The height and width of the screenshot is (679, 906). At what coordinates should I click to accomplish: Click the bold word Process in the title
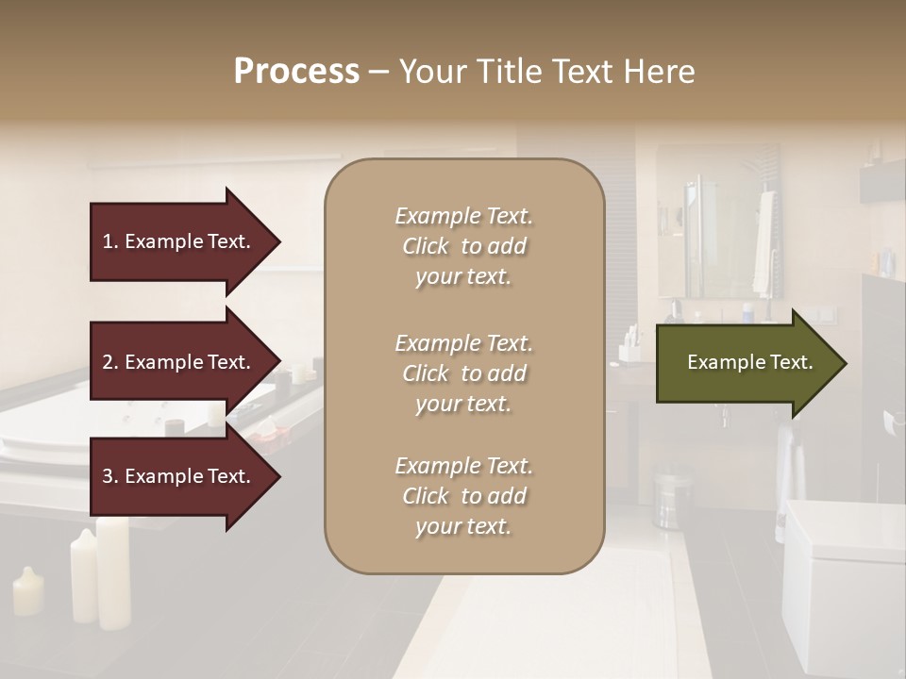click(296, 71)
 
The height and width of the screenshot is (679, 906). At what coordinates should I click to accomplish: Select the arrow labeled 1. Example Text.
click(179, 241)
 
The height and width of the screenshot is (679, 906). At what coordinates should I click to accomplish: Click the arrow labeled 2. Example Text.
click(179, 362)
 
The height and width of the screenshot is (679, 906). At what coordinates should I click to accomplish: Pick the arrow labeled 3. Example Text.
click(179, 476)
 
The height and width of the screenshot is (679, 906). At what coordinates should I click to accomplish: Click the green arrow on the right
click(746, 363)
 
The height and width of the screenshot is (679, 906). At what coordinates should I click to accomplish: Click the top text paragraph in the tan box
click(463, 246)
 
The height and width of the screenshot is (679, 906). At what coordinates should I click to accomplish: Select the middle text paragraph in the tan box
click(463, 373)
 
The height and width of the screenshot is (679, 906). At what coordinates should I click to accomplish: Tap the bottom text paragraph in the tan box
click(463, 496)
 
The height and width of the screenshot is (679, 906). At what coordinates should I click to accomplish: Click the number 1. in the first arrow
click(110, 241)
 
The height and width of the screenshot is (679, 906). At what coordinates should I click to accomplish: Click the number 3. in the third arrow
click(110, 476)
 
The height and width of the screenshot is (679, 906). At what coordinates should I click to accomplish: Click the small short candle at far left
click(28, 591)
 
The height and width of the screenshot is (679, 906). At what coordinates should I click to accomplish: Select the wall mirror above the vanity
click(717, 222)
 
